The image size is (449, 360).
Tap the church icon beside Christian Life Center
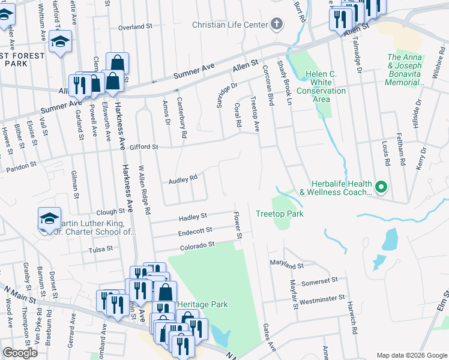tap(276, 24)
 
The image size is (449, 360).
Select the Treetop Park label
tap(279, 214)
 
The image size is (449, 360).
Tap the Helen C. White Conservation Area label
tap(325, 86)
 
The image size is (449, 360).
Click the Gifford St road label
tap(145, 146)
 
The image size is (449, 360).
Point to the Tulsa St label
tap(101, 250)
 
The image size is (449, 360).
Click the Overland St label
tap(135, 27)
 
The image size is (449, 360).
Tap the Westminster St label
tap(322, 298)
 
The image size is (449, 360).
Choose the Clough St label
tap(110, 212)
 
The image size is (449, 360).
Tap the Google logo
tap(20, 353)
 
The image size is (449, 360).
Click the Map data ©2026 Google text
tap(411, 355)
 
